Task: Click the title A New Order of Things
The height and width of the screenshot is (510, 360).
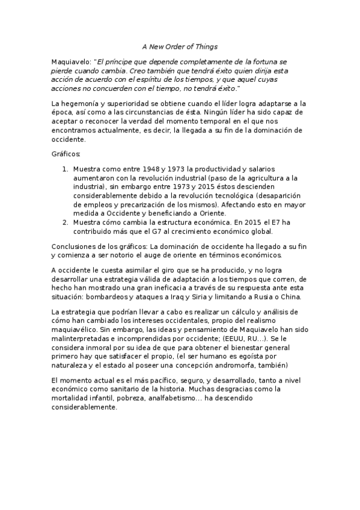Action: click(x=180, y=46)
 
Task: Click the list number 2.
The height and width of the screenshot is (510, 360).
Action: click(x=66, y=222)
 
